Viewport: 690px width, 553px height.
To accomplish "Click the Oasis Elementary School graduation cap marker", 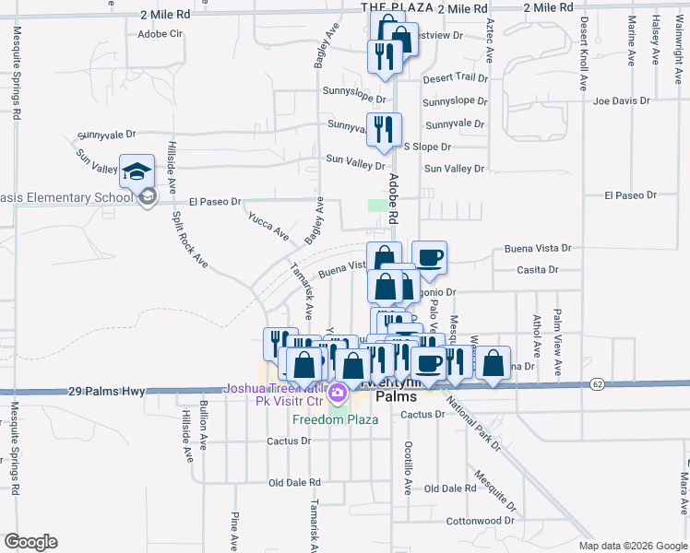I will [137, 172].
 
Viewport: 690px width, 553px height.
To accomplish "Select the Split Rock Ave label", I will [189, 241].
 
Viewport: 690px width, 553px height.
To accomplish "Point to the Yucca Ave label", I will [268, 225].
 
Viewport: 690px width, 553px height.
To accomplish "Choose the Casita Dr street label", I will [539, 269].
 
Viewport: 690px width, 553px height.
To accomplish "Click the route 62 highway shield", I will [599, 383].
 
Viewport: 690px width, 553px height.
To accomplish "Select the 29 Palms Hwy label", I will [104, 391].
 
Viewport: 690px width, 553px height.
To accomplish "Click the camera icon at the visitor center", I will [339, 394].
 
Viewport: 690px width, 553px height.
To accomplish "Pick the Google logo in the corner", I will [30, 542].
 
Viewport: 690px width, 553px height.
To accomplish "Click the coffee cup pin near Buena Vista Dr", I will [429, 260].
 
